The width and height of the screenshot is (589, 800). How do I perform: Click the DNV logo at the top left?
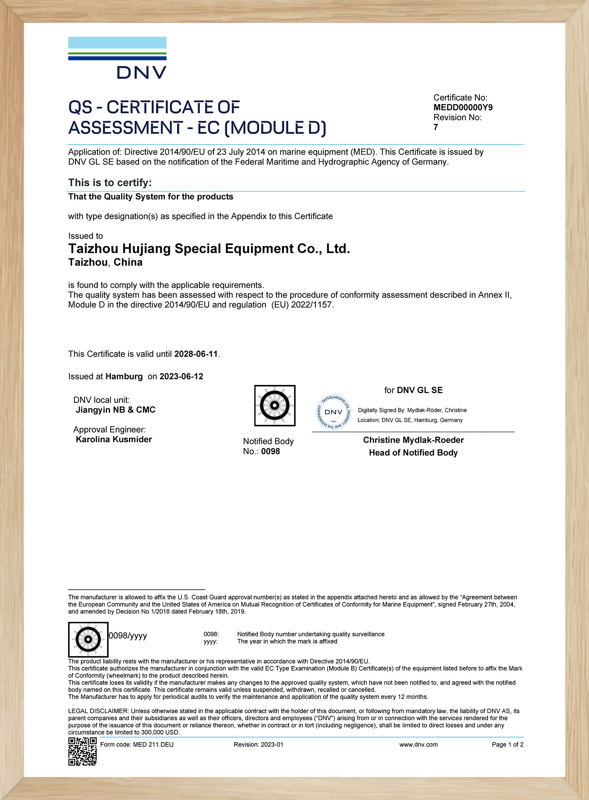point(118,58)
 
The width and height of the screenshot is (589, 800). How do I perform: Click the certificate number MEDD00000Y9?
point(463,107)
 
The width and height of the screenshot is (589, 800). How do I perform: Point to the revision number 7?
point(436,127)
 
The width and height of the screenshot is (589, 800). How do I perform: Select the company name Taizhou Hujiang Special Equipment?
point(209,249)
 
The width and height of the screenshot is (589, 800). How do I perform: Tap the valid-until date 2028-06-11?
point(196,354)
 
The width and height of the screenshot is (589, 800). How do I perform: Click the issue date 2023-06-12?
point(181,376)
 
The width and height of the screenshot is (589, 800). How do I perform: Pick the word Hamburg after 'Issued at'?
point(124,376)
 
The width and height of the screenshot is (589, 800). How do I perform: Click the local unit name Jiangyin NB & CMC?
point(115,410)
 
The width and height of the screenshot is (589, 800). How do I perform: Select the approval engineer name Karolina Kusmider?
point(114,439)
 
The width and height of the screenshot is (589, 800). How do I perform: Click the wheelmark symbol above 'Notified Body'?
point(275,405)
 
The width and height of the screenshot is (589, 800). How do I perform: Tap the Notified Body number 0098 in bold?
point(270,451)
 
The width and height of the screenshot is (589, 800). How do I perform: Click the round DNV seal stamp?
point(333,412)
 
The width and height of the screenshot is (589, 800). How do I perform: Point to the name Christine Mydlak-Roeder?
point(413,440)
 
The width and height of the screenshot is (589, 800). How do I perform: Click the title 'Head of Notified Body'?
point(413,452)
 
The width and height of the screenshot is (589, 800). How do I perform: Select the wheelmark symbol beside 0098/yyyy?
point(88,639)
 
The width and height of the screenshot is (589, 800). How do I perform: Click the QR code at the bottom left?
point(82,751)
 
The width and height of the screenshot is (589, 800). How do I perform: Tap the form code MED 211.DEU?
point(153,744)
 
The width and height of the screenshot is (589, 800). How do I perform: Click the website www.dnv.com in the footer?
point(418,744)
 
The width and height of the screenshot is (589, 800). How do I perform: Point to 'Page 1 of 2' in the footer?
point(507,744)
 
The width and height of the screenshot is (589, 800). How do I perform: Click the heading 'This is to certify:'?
point(110,183)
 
